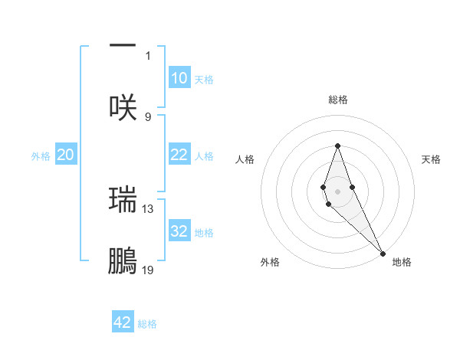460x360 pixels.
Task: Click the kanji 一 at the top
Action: tap(123, 47)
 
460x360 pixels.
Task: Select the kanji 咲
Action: tap(123, 106)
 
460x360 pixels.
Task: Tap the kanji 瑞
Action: tap(123, 199)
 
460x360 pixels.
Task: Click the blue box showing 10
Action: tap(179, 78)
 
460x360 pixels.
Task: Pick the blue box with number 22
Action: tap(179, 155)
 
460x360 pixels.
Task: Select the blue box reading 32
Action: tap(179, 231)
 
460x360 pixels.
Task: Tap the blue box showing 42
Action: tap(123, 322)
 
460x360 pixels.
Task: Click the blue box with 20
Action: tap(66, 155)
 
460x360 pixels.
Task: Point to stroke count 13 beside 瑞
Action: tap(148, 208)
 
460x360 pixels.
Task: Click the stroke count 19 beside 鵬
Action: tap(148, 270)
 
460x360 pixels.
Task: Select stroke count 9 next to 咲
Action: tap(148, 116)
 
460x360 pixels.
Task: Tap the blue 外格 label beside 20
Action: tap(41, 156)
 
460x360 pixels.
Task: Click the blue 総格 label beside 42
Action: tap(147, 324)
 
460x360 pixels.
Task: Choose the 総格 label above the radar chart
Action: tap(338, 100)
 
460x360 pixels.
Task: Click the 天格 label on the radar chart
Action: tap(432, 159)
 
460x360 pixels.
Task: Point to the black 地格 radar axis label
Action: tap(402, 262)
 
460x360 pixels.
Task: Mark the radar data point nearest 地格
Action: tap(383, 253)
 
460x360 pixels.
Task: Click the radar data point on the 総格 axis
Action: tap(337, 146)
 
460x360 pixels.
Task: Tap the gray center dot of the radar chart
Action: tap(337, 191)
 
